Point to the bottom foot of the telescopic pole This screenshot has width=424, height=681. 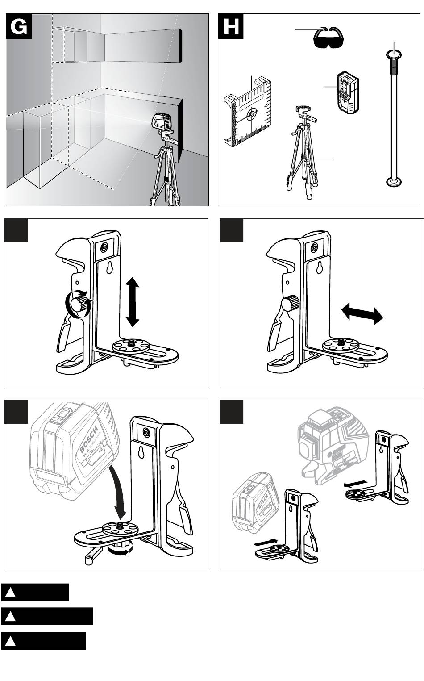(393, 182)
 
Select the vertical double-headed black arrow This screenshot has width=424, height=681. (133, 301)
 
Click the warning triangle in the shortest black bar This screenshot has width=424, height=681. (11, 593)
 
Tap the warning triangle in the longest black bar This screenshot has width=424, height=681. (11, 616)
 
